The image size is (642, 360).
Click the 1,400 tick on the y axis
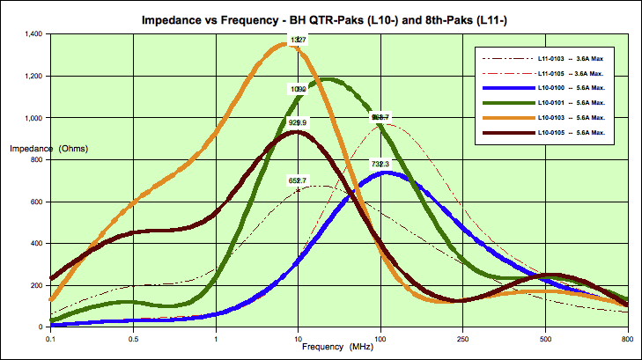29,34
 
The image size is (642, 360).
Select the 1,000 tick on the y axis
29,118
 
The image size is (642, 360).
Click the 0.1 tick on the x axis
51,337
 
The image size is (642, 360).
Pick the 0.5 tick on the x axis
133,337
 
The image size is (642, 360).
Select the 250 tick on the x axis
462,337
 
